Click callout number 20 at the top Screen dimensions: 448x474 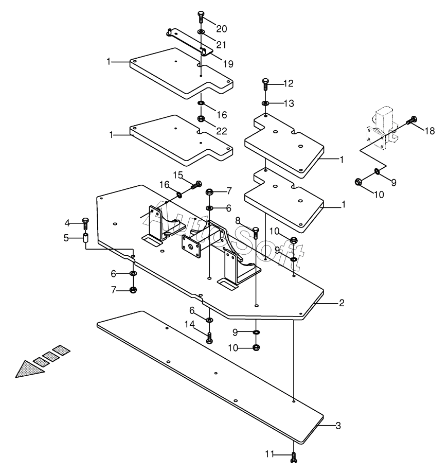(222, 29)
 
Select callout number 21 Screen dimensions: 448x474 (222, 45)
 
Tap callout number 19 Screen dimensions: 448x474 (228, 64)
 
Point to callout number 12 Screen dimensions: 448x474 (289, 83)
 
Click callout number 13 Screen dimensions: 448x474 (289, 103)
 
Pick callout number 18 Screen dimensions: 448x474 (429, 131)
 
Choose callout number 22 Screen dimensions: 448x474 (222, 131)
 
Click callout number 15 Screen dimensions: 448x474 (178, 175)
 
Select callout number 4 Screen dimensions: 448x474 (67, 223)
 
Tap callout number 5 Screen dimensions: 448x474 (66, 238)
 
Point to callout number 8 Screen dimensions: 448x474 (238, 221)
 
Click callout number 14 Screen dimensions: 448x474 (190, 324)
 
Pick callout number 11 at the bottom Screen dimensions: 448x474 (270, 454)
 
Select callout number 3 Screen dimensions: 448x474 (338, 426)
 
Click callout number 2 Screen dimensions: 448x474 (342, 303)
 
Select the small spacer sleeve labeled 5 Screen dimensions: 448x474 (86, 238)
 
